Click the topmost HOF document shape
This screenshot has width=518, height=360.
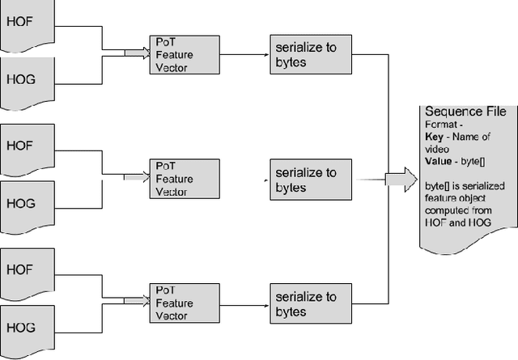click(24, 23)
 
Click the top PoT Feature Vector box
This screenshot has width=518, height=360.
click(184, 54)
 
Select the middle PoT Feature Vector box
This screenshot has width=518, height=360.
click(184, 178)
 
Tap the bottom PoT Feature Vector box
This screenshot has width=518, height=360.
click(184, 303)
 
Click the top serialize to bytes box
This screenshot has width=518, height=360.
click(311, 55)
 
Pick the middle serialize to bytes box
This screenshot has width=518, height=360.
click(311, 179)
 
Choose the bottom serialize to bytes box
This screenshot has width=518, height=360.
click(311, 303)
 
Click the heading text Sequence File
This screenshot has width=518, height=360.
click(465, 111)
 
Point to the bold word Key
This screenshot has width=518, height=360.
click(434, 138)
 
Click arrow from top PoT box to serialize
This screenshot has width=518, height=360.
click(244, 55)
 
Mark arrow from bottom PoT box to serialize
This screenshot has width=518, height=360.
click(244, 303)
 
